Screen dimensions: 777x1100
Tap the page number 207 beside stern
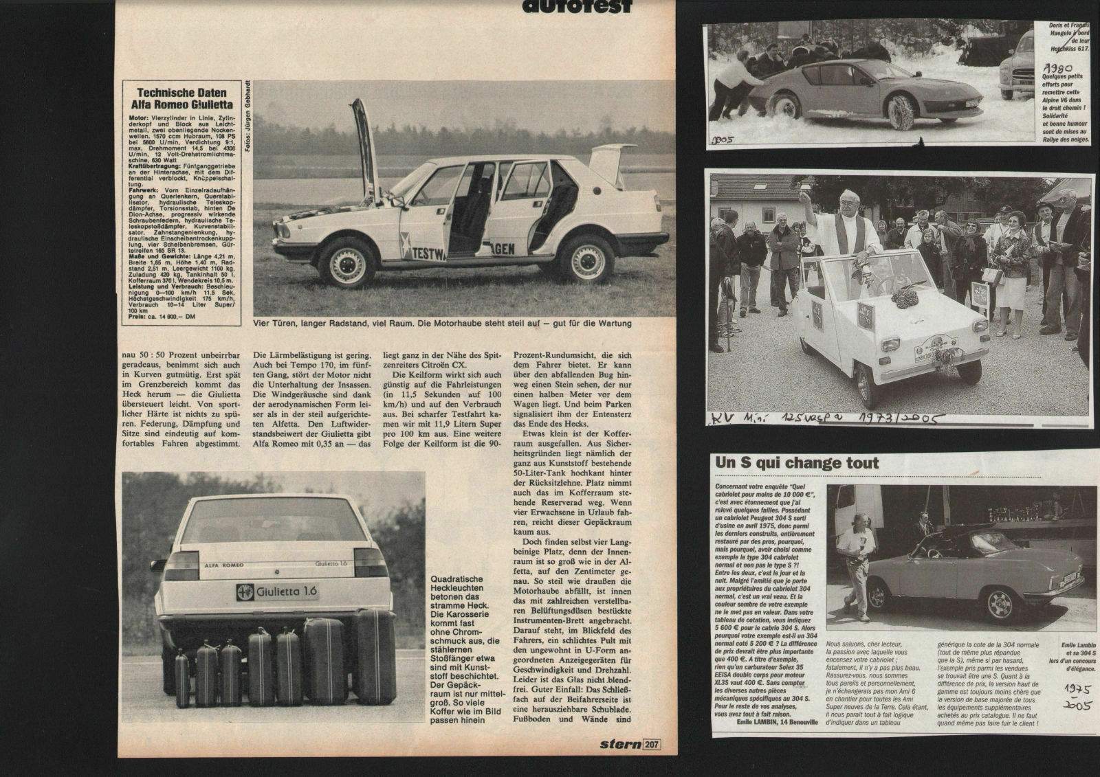652,743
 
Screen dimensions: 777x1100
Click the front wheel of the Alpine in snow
905,110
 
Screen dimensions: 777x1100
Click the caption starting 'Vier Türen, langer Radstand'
441,322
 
